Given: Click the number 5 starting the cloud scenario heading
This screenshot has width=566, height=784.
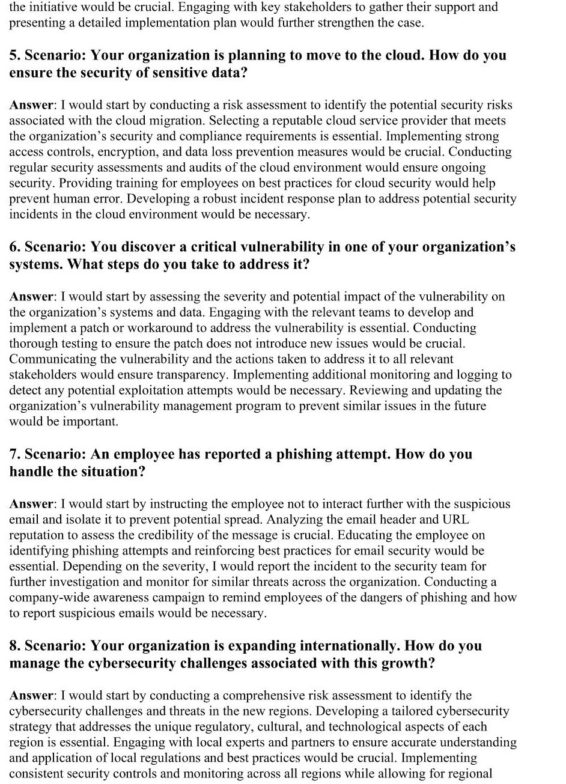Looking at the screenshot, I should tap(13, 56).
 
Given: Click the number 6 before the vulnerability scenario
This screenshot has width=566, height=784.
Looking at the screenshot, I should tap(13, 248).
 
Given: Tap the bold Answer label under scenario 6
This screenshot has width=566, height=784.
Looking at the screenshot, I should tap(31, 297).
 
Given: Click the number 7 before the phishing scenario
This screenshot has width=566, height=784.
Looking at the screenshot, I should tap(13, 454).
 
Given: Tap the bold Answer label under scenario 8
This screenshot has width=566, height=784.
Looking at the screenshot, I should tap(31, 696).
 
